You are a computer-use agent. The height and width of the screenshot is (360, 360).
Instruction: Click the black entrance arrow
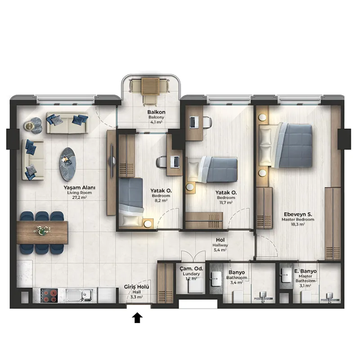(137, 318)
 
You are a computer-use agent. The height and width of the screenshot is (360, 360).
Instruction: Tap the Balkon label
(156, 112)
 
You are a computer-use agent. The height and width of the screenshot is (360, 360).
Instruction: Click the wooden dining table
(42, 232)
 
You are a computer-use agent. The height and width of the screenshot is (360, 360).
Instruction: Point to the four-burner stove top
(49, 296)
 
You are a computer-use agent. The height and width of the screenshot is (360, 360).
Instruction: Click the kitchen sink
(79, 296)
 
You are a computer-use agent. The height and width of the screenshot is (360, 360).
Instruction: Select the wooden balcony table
(150, 86)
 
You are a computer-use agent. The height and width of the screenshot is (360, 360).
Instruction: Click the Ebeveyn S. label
(298, 215)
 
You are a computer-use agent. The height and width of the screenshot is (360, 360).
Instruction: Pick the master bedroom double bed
(286, 145)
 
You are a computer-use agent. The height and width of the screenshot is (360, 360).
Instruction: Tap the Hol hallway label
(220, 240)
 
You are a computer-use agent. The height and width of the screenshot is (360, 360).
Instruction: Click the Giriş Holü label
(137, 287)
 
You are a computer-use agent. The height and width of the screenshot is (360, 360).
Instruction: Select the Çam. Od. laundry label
(191, 269)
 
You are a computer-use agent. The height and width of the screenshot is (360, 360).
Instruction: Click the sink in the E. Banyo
(286, 274)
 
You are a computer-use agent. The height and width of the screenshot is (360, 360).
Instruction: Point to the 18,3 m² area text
(298, 224)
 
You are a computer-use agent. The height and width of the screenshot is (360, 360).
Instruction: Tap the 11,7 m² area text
(226, 202)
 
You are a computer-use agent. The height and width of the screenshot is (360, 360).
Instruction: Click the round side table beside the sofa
(29, 126)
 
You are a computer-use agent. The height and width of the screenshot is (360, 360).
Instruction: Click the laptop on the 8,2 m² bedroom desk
(175, 162)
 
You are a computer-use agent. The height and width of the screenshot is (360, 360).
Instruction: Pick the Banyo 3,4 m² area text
(237, 283)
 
